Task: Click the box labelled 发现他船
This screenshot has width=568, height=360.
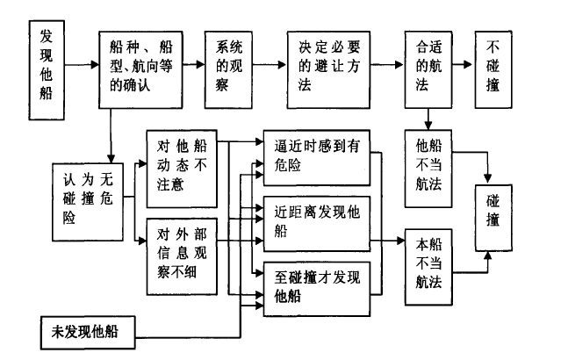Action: click(x=48, y=62)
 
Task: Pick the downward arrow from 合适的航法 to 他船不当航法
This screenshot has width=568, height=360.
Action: click(x=428, y=118)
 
